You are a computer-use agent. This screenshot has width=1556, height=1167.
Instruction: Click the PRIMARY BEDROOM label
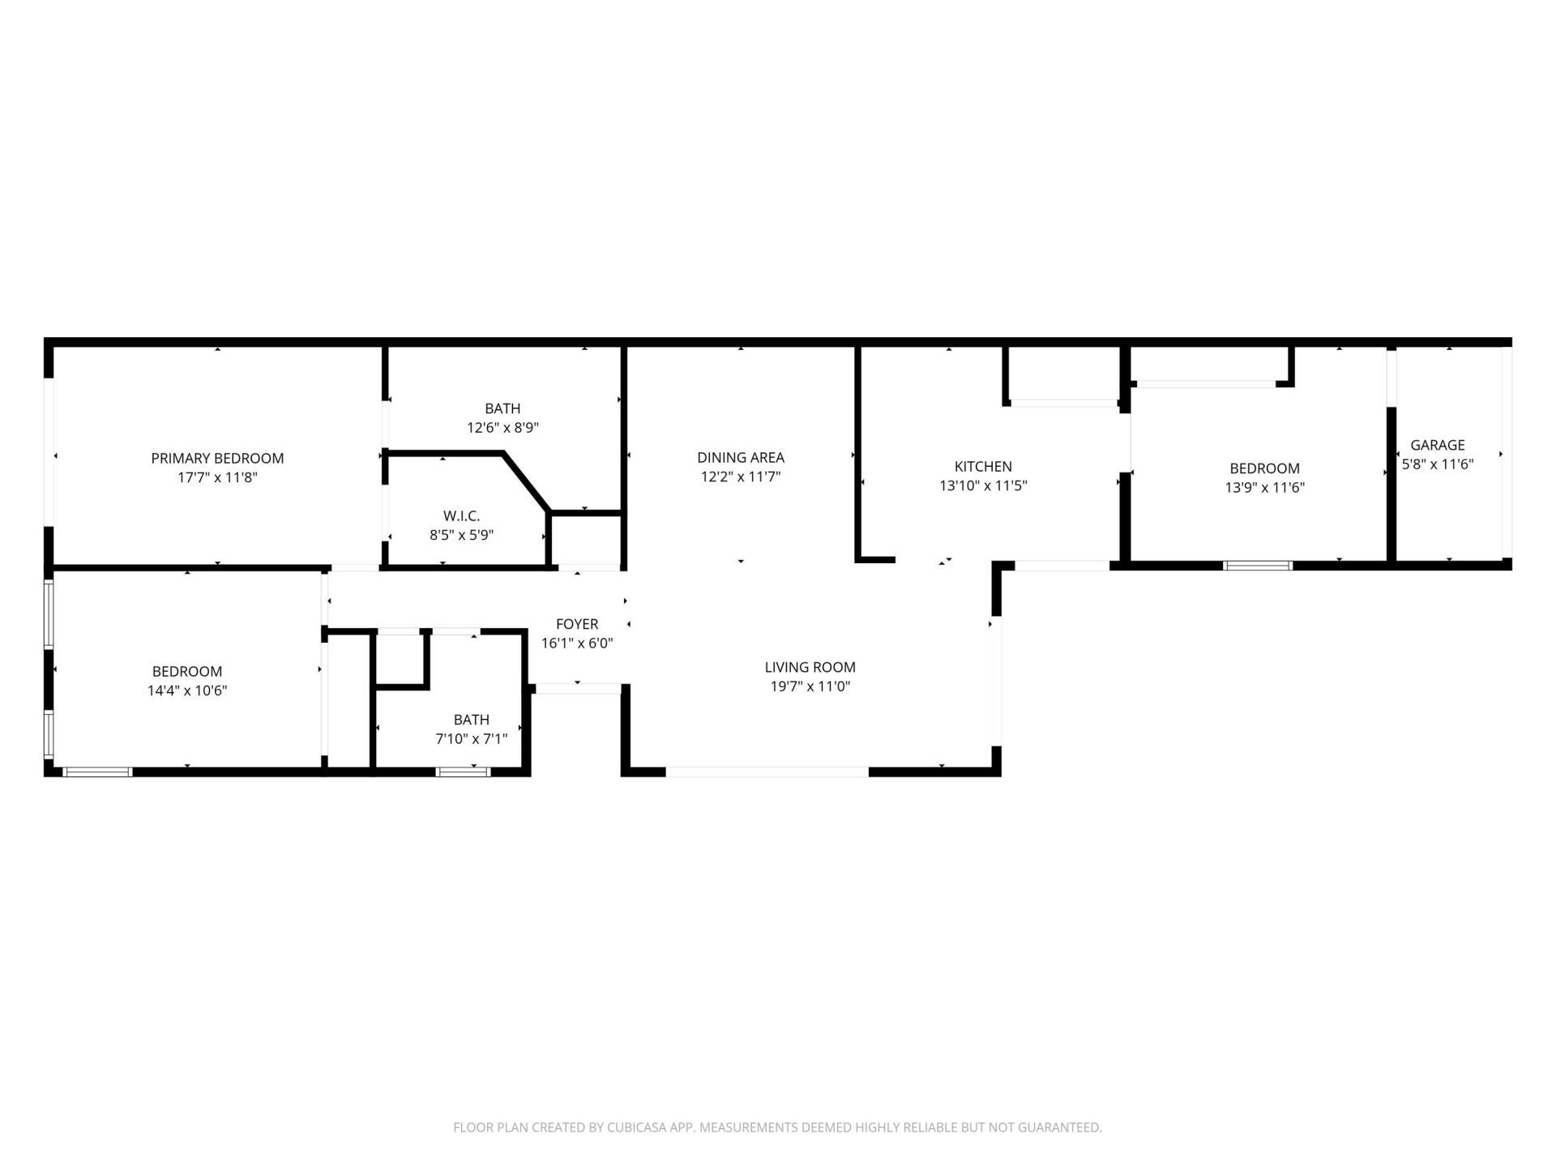click(x=217, y=459)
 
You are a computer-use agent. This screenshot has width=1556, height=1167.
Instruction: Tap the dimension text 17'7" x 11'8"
click(x=217, y=478)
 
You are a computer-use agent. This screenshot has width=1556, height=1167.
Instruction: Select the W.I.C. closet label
click(x=461, y=516)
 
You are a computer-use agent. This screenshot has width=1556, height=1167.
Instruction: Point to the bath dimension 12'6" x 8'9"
click(x=502, y=428)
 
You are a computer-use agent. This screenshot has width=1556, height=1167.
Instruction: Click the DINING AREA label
click(x=741, y=458)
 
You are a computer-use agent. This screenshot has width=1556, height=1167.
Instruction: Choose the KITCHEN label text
click(x=983, y=467)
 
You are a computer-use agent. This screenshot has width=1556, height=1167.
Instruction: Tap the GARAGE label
click(x=1438, y=445)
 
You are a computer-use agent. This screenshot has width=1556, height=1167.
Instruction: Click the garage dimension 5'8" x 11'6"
click(x=1438, y=464)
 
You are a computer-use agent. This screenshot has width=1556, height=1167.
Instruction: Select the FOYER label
click(x=577, y=624)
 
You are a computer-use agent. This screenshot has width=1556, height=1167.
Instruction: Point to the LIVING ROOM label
click(x=810, y=667)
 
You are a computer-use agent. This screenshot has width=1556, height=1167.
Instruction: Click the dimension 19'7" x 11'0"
click(x=810, y=686)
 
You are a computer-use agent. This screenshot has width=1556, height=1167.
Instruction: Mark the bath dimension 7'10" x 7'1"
click(x=471, y=739)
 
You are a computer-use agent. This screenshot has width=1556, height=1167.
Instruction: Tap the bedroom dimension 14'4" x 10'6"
click(x=187, y=691)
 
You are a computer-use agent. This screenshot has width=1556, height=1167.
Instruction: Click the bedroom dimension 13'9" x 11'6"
click(x=1264, y=488)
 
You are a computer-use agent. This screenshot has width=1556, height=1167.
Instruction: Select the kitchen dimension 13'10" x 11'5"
click(x=983, y=486)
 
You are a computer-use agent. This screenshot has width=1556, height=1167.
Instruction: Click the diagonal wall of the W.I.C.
click(x=527, y=482)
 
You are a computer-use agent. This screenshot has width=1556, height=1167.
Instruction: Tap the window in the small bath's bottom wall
click(x=464, y=772)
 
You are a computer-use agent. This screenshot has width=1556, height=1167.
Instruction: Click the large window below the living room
click(x=767, y=772)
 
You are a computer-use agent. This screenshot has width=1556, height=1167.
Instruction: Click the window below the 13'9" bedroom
click(x=1257, y=565)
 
